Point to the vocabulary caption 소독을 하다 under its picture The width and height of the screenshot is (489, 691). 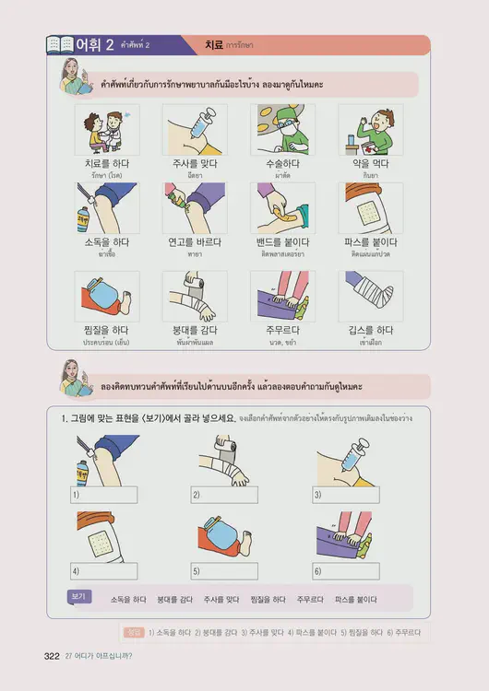[x=106, y=241]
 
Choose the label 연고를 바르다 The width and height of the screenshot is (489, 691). [x=194, y=241]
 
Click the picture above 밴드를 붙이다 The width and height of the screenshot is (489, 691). [x=281, y=207]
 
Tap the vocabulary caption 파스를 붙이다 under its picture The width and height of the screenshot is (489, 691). [x=369, y=241]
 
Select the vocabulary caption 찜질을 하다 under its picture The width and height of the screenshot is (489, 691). [x=106, y=329]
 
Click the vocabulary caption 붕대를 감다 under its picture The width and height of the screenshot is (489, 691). [x=194, y=329]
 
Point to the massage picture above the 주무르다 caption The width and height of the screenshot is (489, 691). [x=281, y=295]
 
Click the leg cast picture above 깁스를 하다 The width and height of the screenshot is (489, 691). [x=369, y=295]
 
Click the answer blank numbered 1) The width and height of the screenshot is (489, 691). [x=105, y=495]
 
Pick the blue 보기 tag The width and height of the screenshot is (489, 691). [x=78, y=597]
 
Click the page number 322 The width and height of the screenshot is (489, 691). [x=52, y=655]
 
